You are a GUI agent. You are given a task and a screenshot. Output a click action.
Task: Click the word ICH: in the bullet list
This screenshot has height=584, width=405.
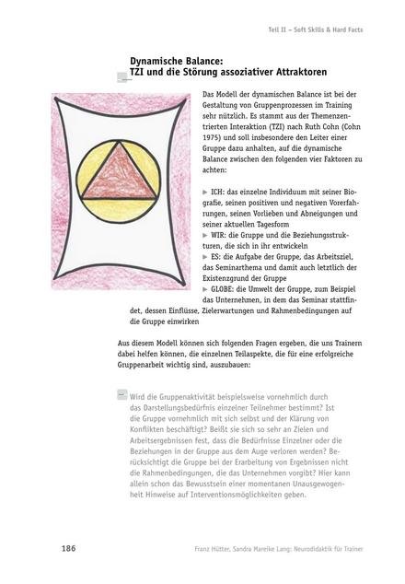220,188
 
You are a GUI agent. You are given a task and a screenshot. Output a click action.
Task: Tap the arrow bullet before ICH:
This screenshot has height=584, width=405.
204,188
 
